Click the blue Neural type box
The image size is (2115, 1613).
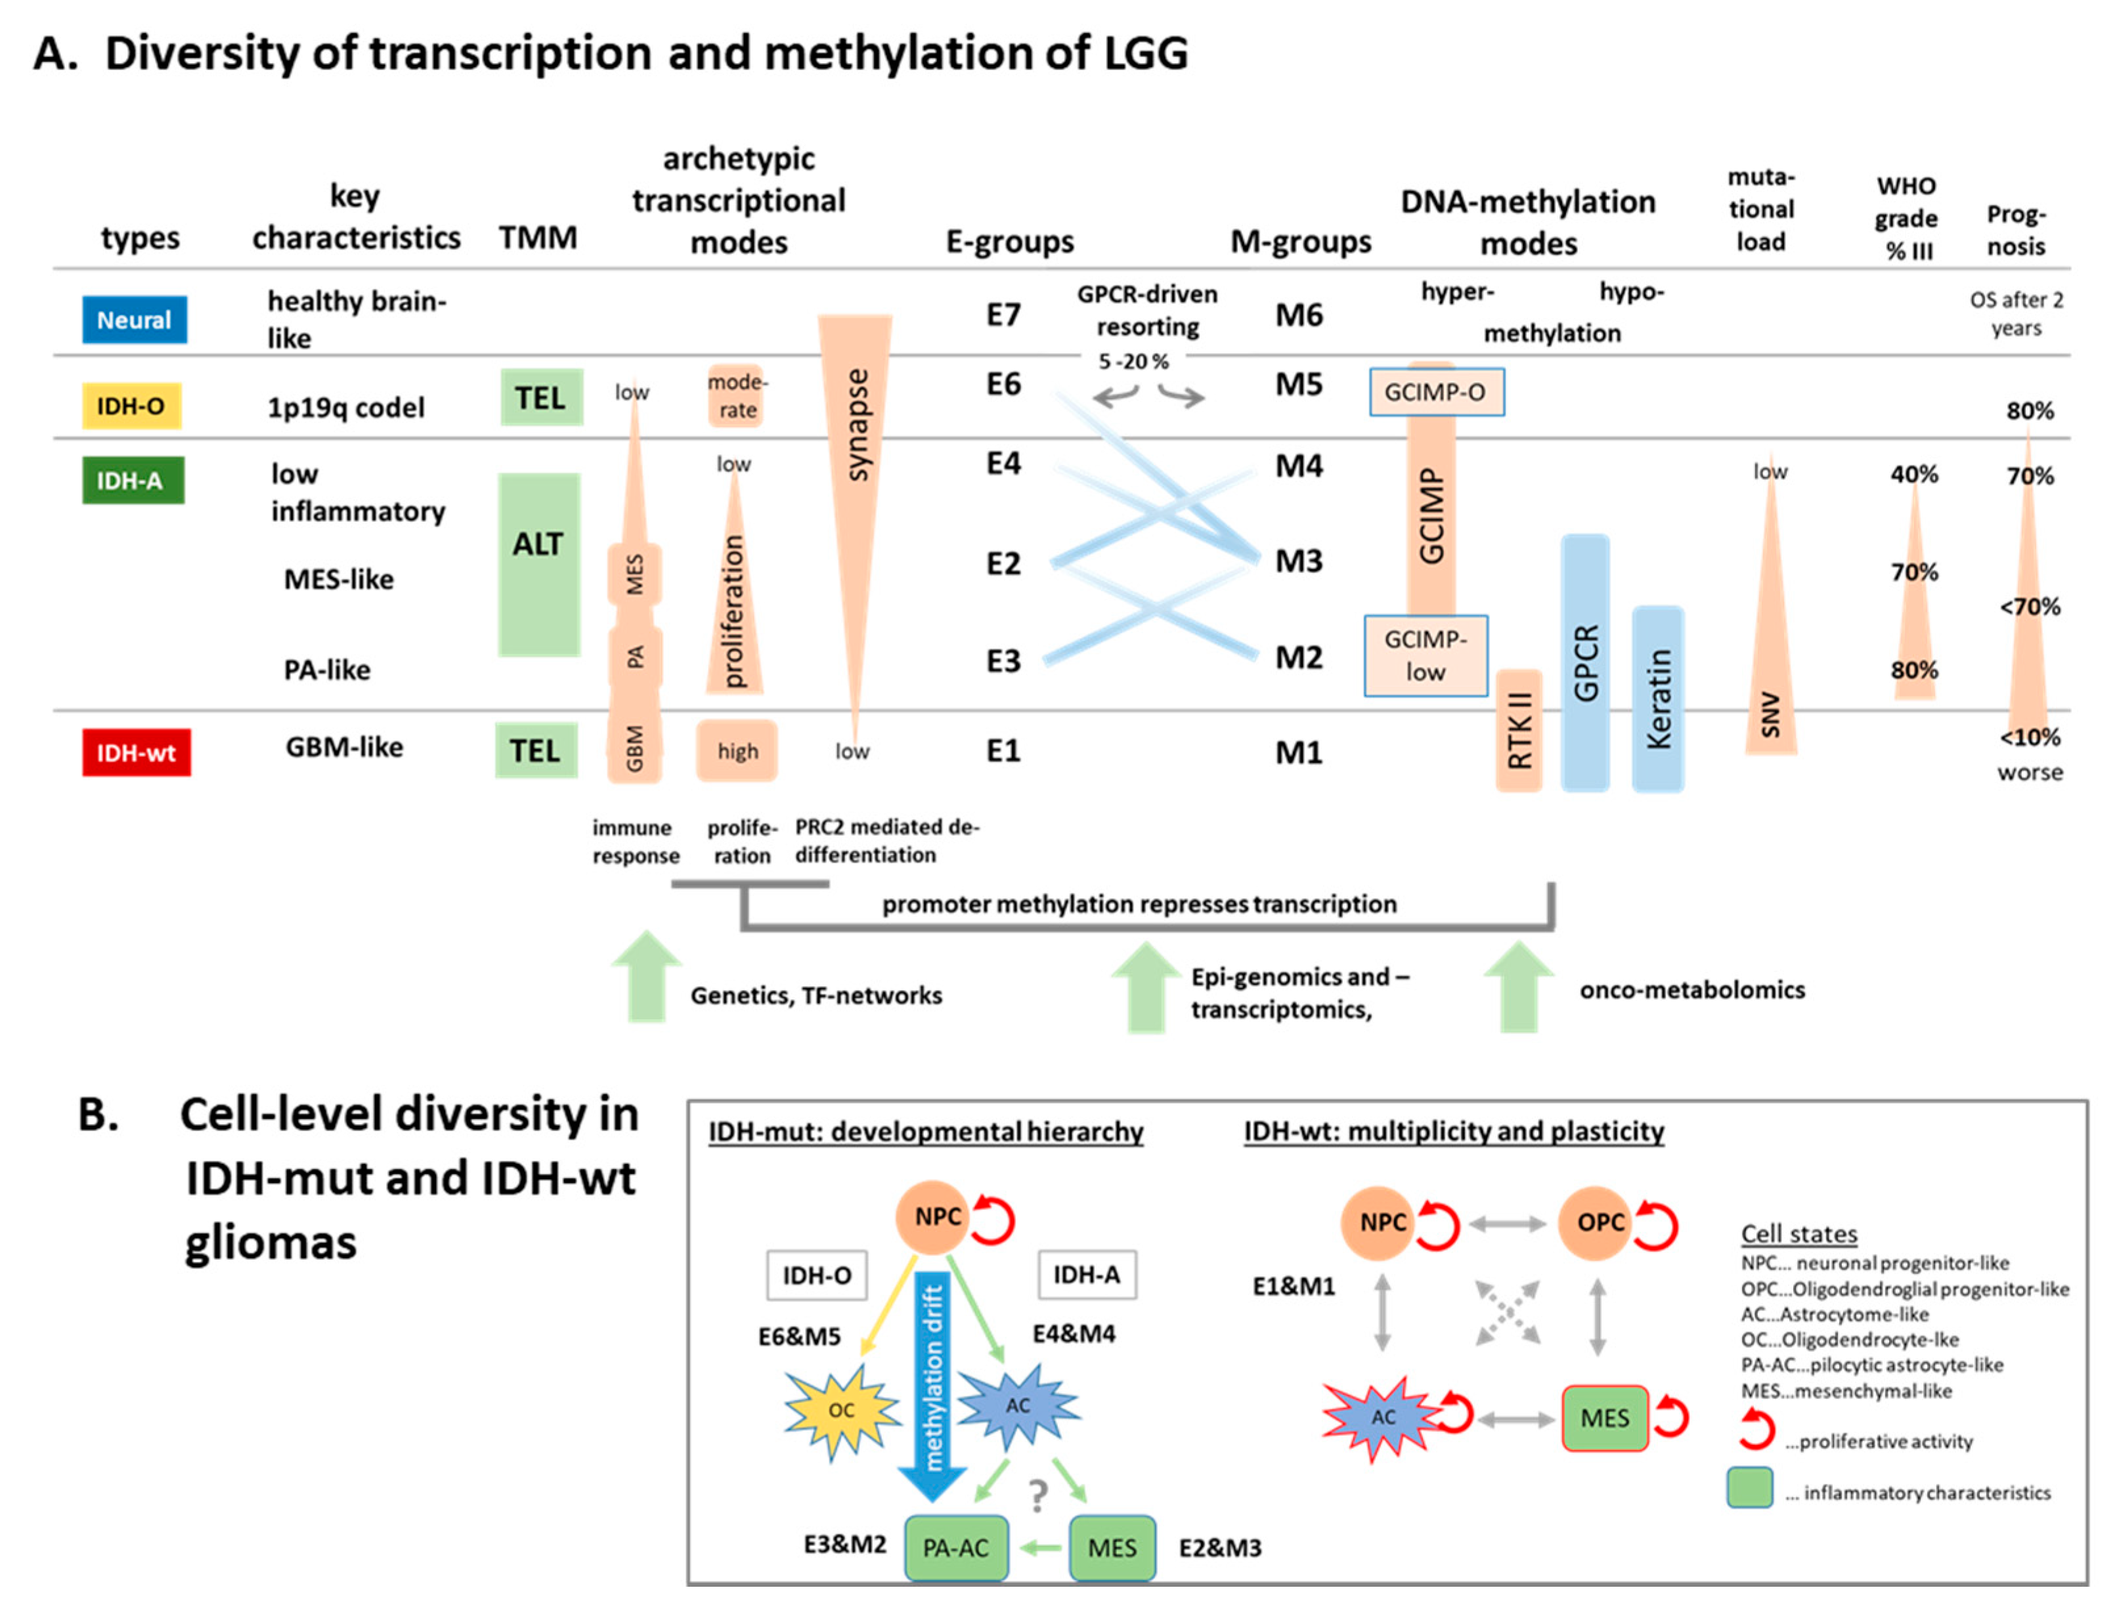(135, 320)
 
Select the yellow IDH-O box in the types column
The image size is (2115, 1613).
(131, 405)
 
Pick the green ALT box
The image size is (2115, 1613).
(538, 565)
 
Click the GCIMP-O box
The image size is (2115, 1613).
(1435, 392)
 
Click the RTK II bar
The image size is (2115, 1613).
(1518, 730)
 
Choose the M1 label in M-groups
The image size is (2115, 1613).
(1298, 753)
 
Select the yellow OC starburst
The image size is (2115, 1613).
(841, 1410)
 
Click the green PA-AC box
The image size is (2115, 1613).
(955, 1548)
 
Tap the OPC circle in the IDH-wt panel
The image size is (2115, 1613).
(1600, 1222)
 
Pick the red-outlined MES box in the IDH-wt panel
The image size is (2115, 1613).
(1604, 1418)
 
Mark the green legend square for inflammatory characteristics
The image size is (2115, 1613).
(1749, 1489)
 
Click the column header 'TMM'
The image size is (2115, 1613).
(538, 237)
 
